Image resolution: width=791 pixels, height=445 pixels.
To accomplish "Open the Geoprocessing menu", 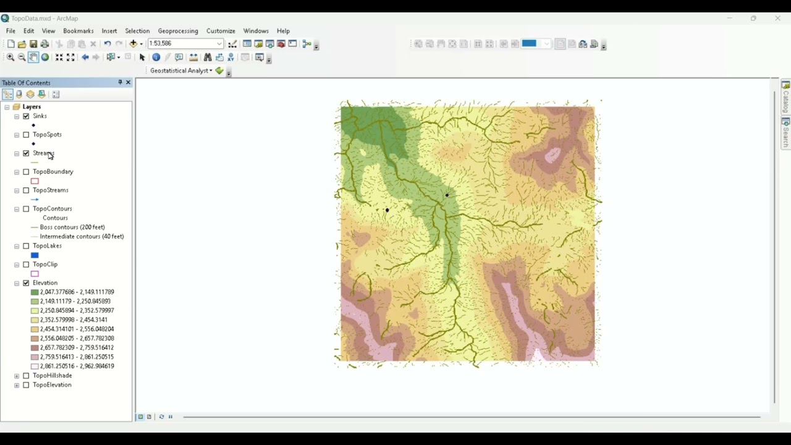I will [177, 31].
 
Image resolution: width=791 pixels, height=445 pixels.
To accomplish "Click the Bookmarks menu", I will [78, 31].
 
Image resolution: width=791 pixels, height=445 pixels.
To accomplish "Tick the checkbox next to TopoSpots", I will [26, 135].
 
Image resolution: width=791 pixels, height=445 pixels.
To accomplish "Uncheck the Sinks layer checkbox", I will [26, 116].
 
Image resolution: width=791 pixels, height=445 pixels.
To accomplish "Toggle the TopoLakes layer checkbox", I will [26, 246].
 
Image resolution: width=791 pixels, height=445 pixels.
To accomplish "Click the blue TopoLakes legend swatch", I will [35, 255].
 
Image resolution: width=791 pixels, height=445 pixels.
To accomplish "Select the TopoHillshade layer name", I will [52, 376].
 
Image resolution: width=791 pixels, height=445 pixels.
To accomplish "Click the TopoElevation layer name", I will [52, 385].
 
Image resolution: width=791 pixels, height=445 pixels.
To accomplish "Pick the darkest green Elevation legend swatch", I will [35, 292].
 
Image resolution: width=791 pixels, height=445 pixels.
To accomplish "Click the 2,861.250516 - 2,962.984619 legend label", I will [77, 367].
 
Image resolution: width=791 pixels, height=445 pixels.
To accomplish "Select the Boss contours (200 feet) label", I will [72, 227].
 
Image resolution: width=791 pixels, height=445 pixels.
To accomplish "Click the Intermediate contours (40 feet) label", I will [82, 237].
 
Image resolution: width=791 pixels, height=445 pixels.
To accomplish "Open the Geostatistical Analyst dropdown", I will [181, 70].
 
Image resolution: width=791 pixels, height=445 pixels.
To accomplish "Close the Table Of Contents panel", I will [128, 82].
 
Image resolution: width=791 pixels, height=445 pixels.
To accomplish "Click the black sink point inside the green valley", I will [447, 195].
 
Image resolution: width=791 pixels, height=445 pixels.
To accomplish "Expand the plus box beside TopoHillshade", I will [17, 376].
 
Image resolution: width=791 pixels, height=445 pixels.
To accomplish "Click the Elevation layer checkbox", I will [26, 283].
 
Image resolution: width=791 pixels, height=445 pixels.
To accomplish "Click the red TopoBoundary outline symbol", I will [35, 181].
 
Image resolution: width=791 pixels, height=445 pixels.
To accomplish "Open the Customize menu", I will [221, 31].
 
